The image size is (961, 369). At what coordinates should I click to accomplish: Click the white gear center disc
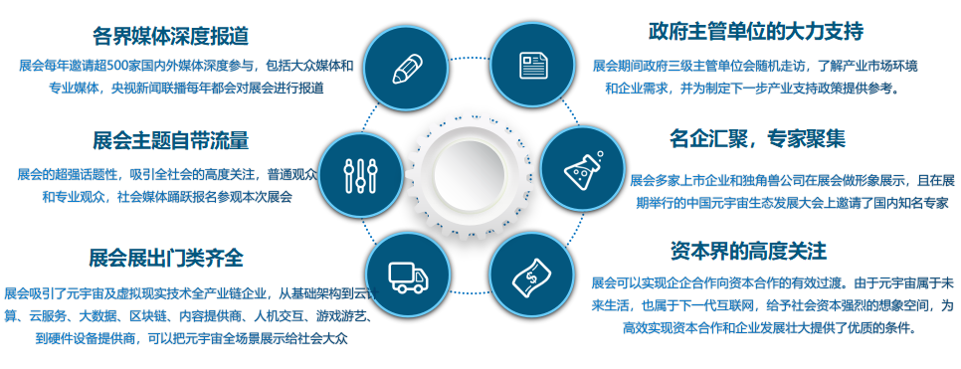point(468,166)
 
